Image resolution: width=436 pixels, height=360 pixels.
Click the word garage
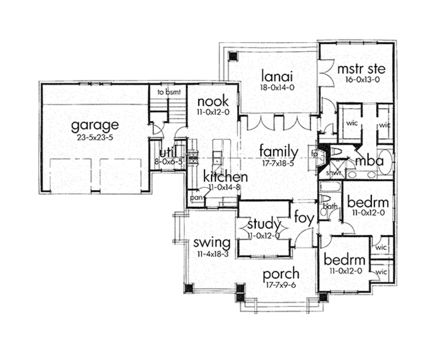pyautogui.click(x=95, y=126)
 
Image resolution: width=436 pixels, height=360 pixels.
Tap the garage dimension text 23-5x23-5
pyautogui.click(x=95, y=137)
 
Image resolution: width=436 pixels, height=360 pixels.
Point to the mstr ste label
pyautogui.click(x=361, y=69)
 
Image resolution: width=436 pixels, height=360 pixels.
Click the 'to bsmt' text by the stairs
pyautogui.click(x=166, y=91)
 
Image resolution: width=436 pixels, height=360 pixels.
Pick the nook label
pyautogui.click(x=212, y=101)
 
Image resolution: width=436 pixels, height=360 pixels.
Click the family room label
pyautogui.click(x=278, y=151)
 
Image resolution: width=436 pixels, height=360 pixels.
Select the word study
pyautogui.click(x=264, y=224)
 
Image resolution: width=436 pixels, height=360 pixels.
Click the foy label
pyautogui.click(x=304, y=218)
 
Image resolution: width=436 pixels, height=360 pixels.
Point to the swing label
pyautogui.click(x=212, y=243)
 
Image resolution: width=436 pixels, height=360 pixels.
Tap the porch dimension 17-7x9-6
pyautogui.click(x=280, y=285)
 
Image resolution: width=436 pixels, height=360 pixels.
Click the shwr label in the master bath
pyautogui.click(x=333, y=173)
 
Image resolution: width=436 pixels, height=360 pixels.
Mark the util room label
pyautogui.click(x=168, y=153)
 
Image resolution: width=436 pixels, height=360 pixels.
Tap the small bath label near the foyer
pyautogui.click(x=330, y=206)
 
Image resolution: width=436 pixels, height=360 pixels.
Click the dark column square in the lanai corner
pyautogui.click(x=232, y=56)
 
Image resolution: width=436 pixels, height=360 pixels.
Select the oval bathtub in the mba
pyautogui.click(x=384, y=161)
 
